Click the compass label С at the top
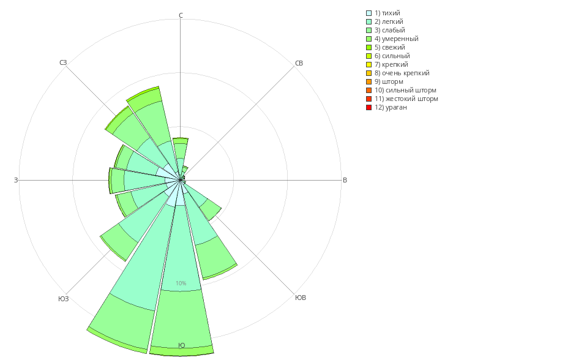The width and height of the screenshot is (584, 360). (181, 15)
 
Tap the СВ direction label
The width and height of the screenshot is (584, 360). (299, 63)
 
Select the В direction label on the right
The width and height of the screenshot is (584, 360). (345, 180)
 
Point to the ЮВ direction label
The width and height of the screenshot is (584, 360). (301, 298)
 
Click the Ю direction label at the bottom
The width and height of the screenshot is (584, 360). (181, 345)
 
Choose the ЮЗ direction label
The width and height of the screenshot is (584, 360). (64, 299)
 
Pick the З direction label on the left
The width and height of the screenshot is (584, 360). (16, 180)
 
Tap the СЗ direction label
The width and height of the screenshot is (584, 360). (63, 62)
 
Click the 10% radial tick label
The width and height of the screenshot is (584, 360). (181, 283)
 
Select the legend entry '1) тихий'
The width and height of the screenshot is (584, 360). (387, 13)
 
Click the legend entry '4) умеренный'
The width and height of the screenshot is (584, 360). (396, 39)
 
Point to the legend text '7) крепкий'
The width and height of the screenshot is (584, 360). (391, 64)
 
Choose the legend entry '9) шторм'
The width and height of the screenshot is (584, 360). (389, 81)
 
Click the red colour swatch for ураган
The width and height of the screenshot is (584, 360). (369, 107)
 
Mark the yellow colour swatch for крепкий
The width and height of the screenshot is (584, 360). (369, 64)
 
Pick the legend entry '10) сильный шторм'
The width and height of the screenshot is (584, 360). (405, 90)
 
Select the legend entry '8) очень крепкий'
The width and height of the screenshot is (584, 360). (402, 73)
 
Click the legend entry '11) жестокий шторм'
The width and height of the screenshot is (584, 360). (406, 99)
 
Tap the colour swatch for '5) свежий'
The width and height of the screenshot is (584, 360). (369, 47)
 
